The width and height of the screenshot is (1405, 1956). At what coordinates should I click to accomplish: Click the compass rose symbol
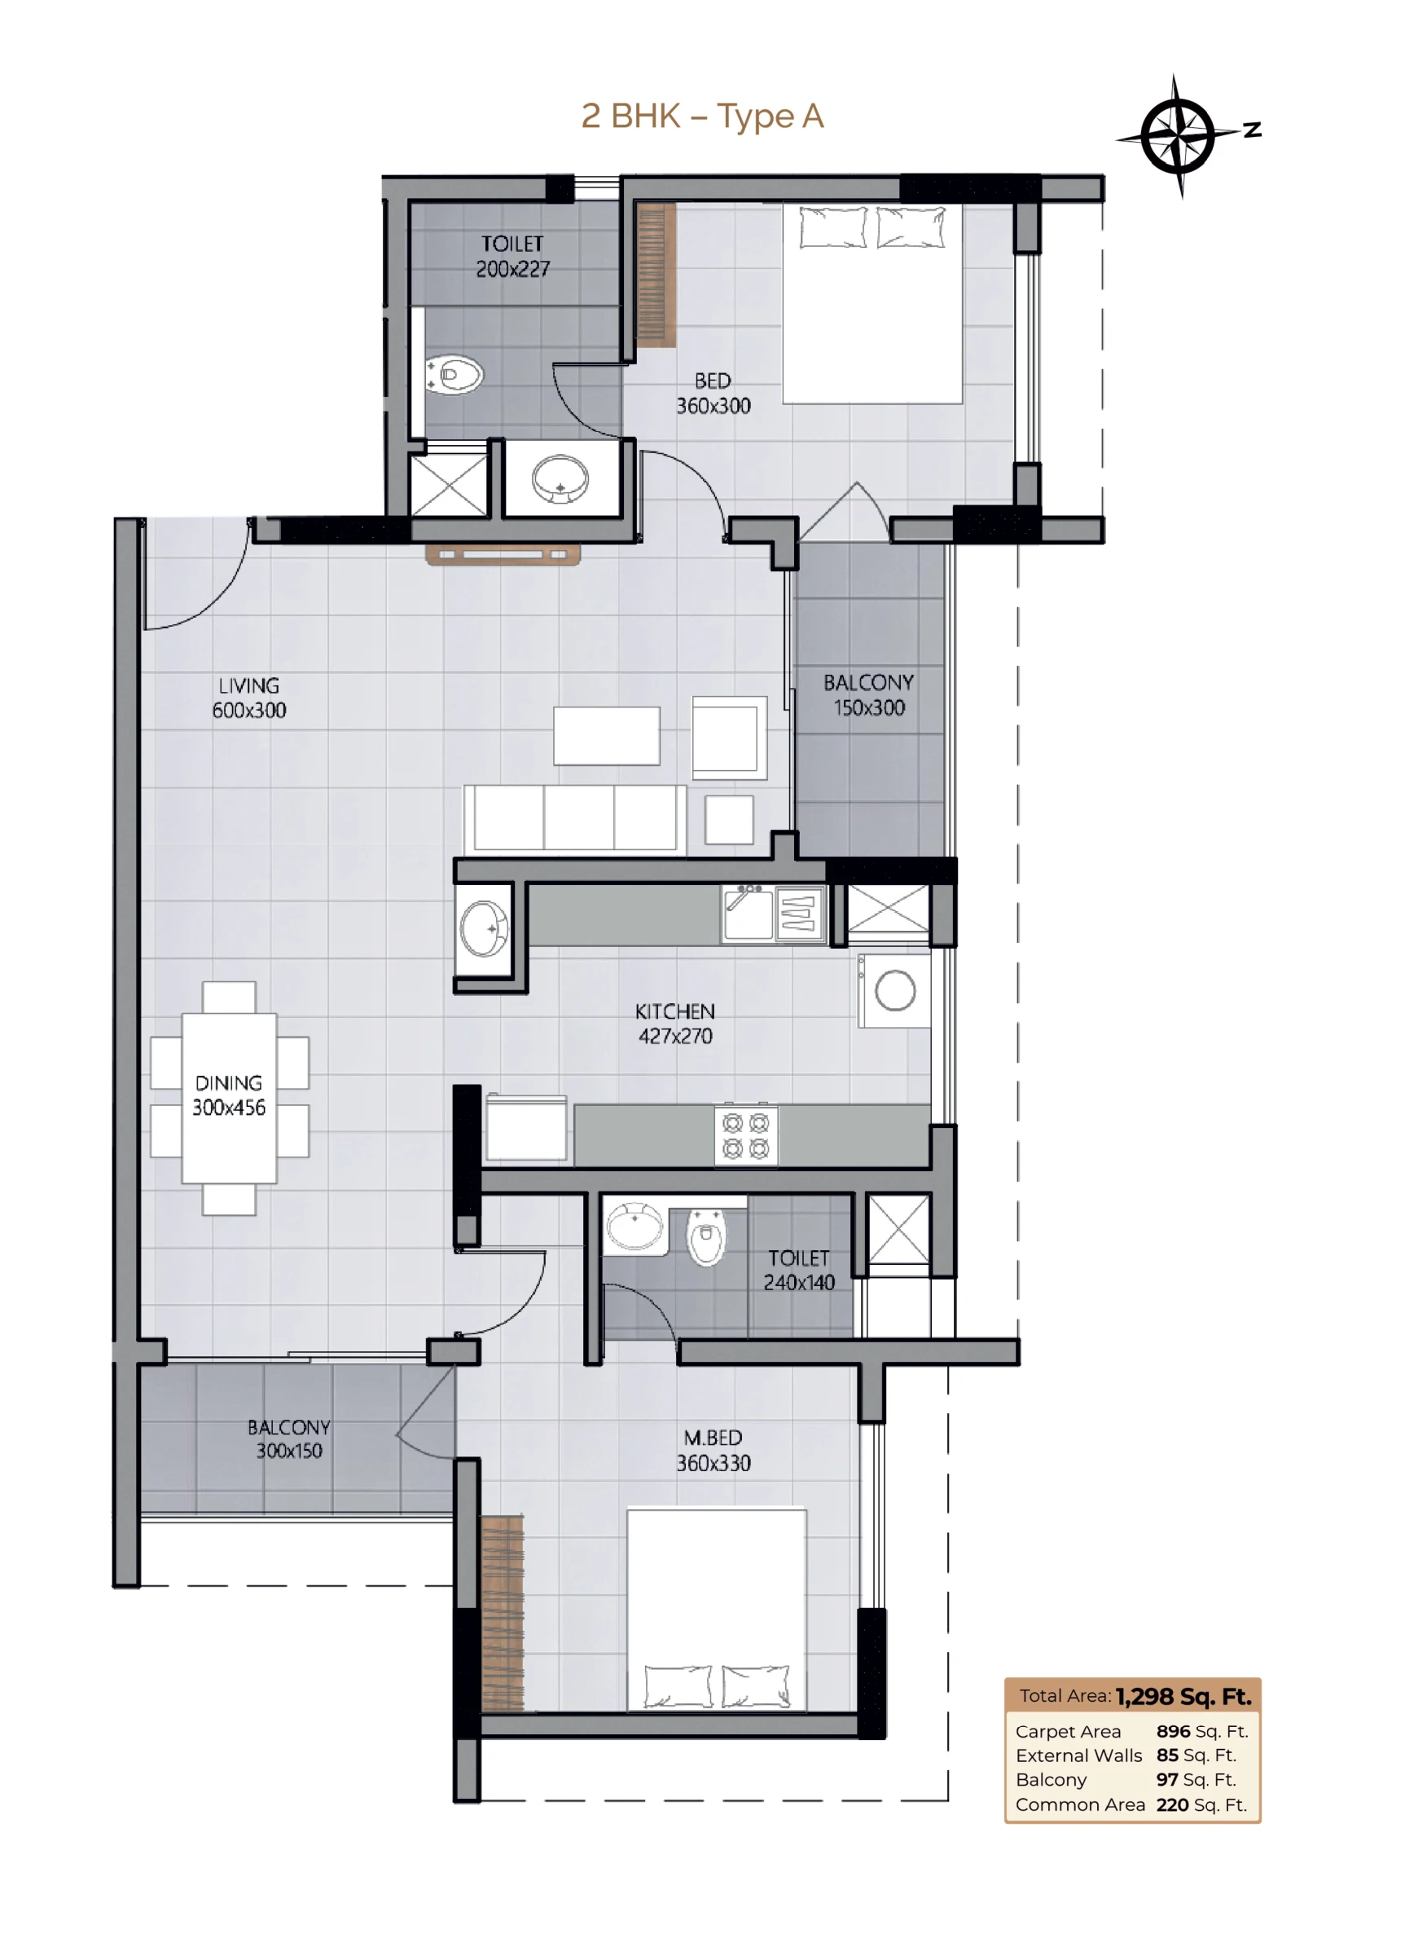[1178, 135]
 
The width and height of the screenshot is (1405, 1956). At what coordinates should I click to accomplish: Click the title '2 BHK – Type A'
[702, 116]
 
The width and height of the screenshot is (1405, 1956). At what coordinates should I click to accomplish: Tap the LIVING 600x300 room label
[249, 698]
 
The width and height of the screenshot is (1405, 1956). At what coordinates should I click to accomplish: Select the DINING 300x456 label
[228, 1095]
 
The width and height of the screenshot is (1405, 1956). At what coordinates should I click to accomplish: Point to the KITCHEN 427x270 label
[675, 1024]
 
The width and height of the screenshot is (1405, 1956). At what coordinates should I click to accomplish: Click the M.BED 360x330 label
[713, 1451]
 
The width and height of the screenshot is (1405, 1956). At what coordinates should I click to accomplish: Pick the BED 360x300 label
[713, 394]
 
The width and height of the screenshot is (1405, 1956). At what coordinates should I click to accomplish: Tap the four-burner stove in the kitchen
[745, 1136]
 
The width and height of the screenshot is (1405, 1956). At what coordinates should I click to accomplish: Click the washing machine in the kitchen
[893, 990]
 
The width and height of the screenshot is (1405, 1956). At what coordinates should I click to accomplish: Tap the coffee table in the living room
[607, 736]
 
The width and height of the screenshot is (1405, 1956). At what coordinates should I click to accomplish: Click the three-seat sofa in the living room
[575, 819]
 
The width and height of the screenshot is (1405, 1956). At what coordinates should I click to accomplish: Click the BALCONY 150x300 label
[868, 695]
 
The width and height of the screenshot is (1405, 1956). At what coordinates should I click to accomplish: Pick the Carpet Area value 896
[1173, 1731]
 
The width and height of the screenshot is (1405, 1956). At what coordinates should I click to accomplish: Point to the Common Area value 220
[1172, 1804]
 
